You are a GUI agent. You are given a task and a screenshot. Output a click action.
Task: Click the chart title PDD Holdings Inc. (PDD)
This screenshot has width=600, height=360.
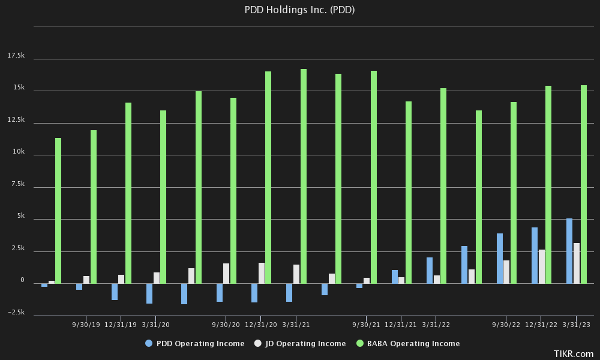[300, 10]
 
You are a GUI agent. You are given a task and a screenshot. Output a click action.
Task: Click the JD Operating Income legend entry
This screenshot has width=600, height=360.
[300, 344]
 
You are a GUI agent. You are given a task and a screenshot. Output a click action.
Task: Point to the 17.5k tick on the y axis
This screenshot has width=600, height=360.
[16, 56]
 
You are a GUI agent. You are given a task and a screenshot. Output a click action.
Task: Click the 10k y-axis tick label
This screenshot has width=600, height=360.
[19, 152]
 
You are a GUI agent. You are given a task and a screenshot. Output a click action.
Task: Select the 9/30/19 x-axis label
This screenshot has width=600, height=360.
[86, 325]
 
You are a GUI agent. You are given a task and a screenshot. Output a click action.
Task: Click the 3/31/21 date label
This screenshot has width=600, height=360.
[296, 325]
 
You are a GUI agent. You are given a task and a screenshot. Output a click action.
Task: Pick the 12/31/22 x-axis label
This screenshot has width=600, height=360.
[541, 325]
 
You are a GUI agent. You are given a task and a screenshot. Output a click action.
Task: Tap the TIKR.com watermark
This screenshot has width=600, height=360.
[574, 354]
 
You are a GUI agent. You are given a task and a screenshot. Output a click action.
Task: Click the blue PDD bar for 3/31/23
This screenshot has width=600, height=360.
[569, 251]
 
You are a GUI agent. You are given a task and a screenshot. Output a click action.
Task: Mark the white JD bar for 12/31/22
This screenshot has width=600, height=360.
[541, 266]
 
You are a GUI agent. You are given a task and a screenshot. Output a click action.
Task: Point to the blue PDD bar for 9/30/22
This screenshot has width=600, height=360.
[500, 258]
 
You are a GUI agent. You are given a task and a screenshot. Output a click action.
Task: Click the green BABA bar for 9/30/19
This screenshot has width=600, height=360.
[94, 206]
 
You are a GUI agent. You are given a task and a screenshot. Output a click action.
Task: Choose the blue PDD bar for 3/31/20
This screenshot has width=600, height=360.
[149, 293]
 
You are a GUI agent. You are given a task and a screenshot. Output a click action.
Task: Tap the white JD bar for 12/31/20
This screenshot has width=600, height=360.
[262, 273]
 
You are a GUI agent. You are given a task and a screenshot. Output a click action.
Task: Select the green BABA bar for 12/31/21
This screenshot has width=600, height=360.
[409, 192]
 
